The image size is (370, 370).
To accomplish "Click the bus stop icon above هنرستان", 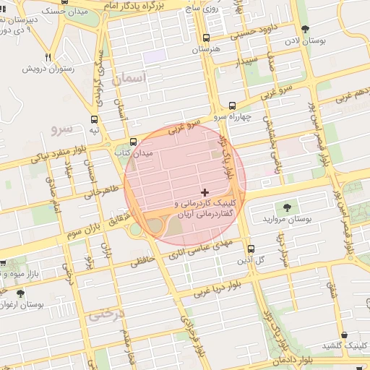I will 207,38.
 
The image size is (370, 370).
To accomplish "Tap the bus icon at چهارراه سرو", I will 232,105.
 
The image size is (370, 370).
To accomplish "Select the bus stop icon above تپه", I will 94,120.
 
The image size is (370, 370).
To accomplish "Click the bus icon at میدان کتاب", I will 133,142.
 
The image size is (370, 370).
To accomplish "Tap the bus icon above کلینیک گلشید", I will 343,335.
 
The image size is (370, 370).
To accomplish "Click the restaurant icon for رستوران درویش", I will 48,57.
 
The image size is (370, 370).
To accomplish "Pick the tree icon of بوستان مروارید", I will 288,207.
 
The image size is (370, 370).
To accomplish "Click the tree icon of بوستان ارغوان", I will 20,294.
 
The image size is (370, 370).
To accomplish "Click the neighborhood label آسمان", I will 130,77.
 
